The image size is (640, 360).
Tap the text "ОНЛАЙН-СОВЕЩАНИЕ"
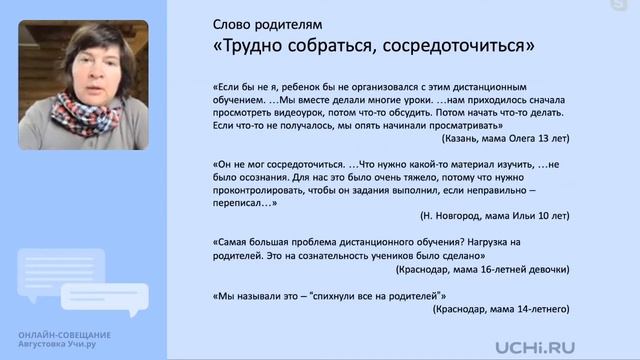64,334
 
